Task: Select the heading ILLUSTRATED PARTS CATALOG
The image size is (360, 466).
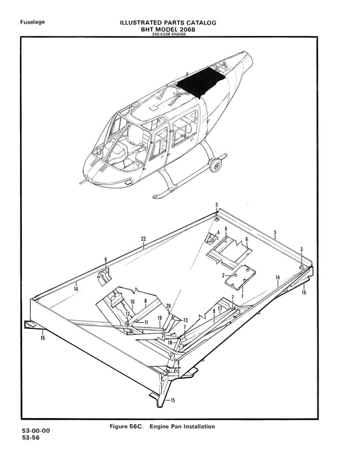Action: [x=167, y=23]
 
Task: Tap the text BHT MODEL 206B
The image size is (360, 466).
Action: [x=167, y=29]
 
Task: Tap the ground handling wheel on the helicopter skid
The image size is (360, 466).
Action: [x=216, y=163]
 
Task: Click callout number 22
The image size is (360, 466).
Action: [x=143, y=238]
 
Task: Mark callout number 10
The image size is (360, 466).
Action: [x=133, y=302]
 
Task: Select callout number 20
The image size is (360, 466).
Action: [x=169, y=306]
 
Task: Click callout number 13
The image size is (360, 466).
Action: [x=186, y=320]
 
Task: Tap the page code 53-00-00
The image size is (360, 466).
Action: [x=36, y=431]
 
